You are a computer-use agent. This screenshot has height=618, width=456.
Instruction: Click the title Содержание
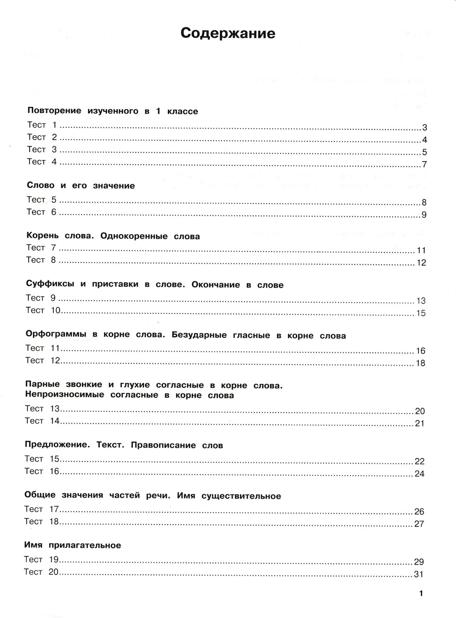click(x=228, y=33)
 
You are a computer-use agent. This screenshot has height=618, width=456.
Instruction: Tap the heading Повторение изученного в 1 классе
click(x=113, y=111)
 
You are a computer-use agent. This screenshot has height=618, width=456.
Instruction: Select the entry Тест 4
click(x=42, y=162)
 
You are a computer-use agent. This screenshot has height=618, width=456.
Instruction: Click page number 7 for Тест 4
click(x=424, y=165)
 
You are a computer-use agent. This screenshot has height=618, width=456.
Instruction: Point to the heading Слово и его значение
click(x=81, y=186)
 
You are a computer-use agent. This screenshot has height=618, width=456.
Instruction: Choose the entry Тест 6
click(x=42, y=212)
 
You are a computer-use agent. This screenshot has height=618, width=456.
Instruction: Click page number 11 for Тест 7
click(x=421, y=251)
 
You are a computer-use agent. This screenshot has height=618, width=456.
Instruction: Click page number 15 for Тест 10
click(x=421, y=313)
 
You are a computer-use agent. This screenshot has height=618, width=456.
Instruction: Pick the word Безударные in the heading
click(x=199, y=335)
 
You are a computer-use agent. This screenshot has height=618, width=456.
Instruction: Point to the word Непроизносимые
click(x=65, y=395)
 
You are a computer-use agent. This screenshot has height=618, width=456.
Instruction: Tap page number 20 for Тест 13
click(x=420, y=411)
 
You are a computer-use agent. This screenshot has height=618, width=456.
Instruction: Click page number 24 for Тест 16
click(x=420, y=474)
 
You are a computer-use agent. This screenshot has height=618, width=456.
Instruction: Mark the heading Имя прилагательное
click(x=73, y=545)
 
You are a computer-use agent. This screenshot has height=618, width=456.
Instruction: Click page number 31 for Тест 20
click(x=419, y=574)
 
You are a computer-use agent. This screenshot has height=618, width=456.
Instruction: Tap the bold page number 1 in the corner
click(x=421, y=593)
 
